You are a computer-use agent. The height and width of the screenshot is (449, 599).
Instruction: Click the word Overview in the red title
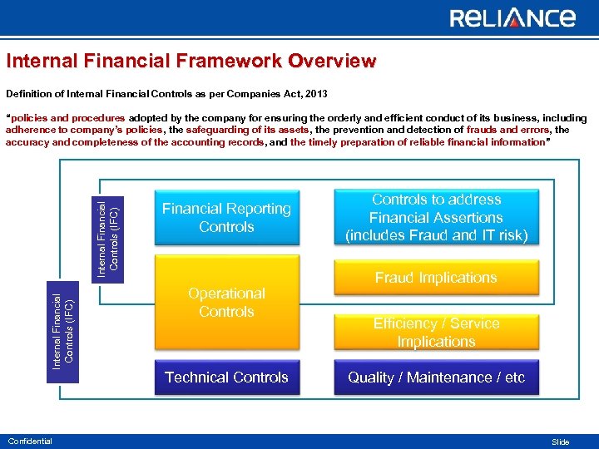pyautogui.click(x=333, y=62)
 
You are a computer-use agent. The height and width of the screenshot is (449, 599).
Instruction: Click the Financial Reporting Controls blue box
pyautogui.click(x=226, y=218)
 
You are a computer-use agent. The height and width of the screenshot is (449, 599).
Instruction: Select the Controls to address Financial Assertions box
pyautogui.click(x=436, y=218)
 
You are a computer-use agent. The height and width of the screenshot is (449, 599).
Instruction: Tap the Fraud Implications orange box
pyautogui.click(x=436, y=278)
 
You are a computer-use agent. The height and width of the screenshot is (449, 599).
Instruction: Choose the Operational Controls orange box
pyautogui.click(x=226, y=303)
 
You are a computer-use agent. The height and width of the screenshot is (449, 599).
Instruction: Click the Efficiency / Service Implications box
pyautogui.click(x=436, y=333)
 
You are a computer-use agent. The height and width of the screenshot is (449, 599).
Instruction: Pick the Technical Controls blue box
pyautogui.click(x=226, y=377)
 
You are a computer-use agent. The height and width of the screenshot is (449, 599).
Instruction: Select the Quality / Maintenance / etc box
pyautogui.click(x=436, y=377)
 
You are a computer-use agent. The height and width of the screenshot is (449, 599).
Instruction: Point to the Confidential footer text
pyautogui.click(x=29, y=442)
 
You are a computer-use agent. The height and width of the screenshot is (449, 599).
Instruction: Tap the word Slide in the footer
pyautogui.click(x=561, y=442)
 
